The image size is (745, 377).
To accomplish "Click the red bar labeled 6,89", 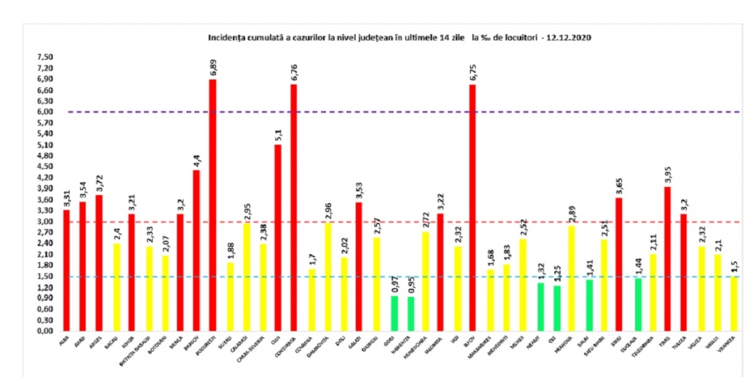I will tap(212, 205).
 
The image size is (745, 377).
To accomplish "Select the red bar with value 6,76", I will tap(294, 207).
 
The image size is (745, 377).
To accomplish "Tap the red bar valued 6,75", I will tap(473, 207).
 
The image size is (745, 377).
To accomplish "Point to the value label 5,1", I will tap(278, 134).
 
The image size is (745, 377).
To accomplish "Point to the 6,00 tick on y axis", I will tap(45, 112).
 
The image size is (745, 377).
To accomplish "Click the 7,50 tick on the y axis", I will tap(45, 57).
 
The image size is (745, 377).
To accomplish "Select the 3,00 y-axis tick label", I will tap(45, 221).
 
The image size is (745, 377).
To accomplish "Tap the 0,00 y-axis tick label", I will tap(45, 331).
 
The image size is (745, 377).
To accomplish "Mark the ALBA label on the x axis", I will tap(65, 340).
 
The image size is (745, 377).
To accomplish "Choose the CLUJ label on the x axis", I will tap(276, 340).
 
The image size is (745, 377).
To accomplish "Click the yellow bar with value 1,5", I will tap(733, 303).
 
